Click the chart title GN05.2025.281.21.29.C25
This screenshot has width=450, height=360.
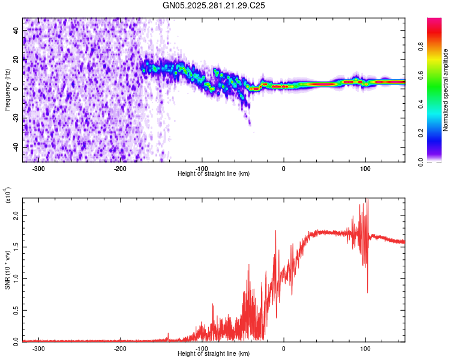pos(214,5)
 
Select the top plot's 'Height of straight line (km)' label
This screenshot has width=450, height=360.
pos(214,173)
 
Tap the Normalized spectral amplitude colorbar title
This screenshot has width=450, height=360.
pos(445,90)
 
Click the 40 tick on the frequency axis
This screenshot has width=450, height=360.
pos(16,31)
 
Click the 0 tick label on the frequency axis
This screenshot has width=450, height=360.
pos(16,89)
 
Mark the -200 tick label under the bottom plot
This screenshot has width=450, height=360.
pos(119,349)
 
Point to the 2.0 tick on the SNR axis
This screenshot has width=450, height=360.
pos(16,215)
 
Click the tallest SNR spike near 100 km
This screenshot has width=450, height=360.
pos(366,200)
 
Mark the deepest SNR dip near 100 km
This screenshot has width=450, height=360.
pos(367,292)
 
